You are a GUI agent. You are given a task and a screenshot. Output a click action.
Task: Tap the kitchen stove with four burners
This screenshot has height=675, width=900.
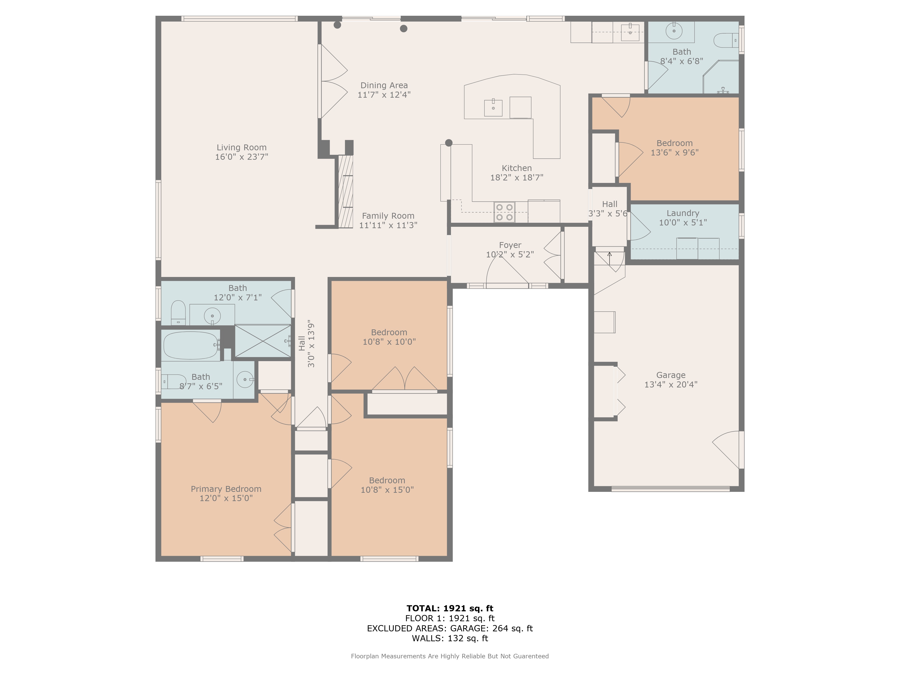[x=504, y=212]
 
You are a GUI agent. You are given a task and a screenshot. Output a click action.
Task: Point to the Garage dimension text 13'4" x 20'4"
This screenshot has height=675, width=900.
[x=671, y=385]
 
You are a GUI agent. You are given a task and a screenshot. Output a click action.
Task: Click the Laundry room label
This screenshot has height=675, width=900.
[x=683, y=213]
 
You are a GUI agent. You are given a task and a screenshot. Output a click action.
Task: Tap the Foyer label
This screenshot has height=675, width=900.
[x=510, y=245]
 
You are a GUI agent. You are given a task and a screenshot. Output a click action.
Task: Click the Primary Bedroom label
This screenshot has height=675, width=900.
[x=226, y=489]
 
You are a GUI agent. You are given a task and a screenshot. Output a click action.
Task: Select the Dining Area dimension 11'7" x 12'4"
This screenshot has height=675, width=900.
[x=384, y=95]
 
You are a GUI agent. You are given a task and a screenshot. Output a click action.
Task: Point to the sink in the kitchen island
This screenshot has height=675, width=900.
[x=493, y=108]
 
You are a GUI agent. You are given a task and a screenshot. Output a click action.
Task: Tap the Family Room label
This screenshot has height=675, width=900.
[x=388, y=216]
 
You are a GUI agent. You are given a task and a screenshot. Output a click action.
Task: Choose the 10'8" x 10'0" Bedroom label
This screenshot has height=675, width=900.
[x=389, y=332]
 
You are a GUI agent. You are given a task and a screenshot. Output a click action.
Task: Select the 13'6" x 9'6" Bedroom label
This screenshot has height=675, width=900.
[x=675, y=143]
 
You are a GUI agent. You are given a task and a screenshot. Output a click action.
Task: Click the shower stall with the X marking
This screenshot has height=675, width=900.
[x=263, y=341]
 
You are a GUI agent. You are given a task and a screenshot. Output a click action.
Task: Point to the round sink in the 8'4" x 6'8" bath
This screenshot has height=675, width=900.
[x=674, y=31]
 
